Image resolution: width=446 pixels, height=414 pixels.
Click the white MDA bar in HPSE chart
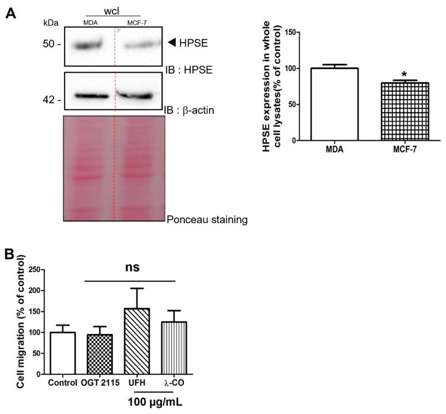[x=326, y=104]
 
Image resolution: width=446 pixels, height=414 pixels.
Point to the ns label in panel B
[x=131, y=268]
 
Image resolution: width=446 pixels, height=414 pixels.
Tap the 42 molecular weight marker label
[x=51, y=100]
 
